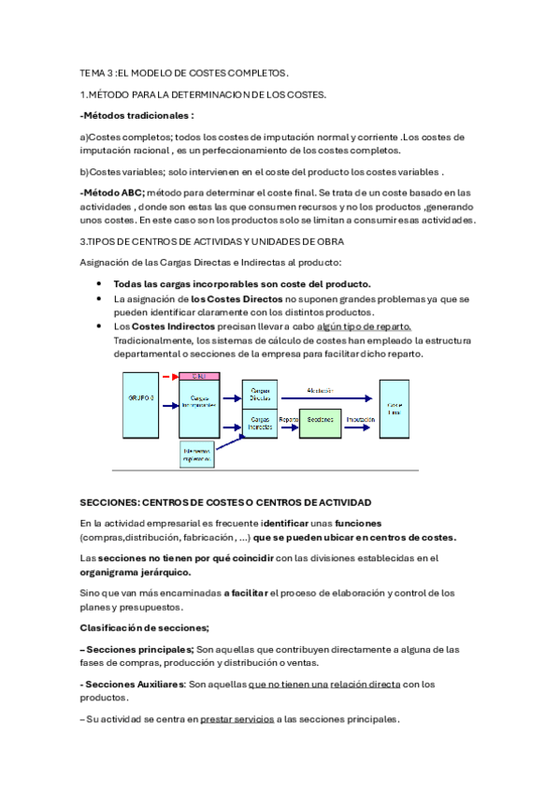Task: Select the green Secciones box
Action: [320, 420]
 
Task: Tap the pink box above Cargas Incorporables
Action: [199, 376]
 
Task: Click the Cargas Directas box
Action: [261, 394]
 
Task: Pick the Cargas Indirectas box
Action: [261, 424]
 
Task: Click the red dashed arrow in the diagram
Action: [169, 376]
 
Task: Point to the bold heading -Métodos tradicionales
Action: [137, 116]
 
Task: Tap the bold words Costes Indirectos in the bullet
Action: [164, 326]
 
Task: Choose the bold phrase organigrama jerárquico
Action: [136, 572]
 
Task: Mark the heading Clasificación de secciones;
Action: [145, 627]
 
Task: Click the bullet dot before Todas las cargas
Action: [100, 284]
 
